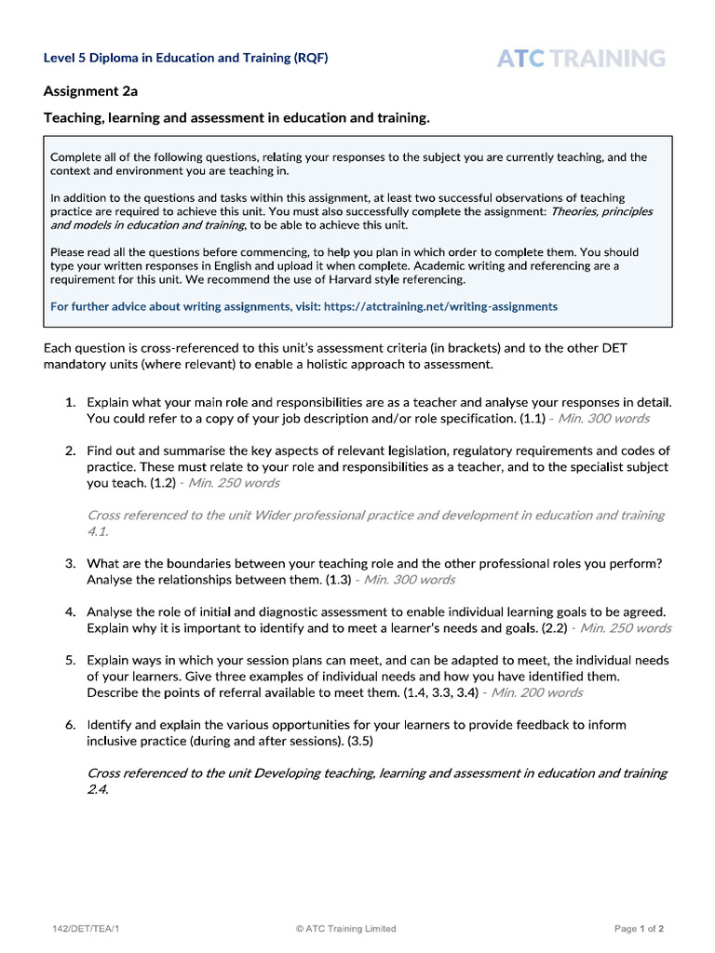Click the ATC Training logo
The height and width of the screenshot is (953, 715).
point(581,59)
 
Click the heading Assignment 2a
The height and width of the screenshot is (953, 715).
point(90,91)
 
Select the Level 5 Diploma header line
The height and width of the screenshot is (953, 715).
point(185,58)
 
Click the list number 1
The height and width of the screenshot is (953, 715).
point(70,403)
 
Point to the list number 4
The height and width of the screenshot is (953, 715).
point(70,612)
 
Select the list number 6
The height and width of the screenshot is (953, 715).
point(70,724)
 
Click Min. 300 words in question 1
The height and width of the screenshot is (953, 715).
point(603,419)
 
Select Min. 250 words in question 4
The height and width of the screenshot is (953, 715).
point(625,628)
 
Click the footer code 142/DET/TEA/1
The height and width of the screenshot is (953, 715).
point(86,928)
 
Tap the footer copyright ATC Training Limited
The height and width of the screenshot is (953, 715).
point(345,928)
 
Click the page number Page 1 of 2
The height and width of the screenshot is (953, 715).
point(639,928)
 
